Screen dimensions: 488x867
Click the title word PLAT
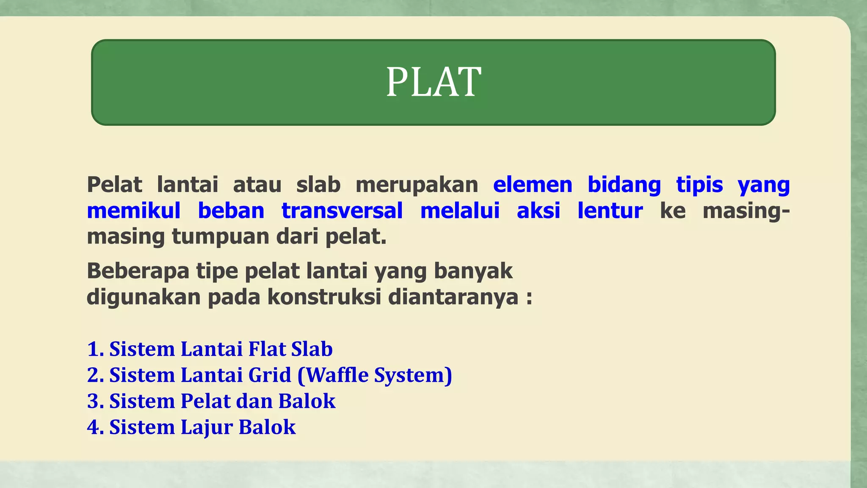click(x=433, y=82)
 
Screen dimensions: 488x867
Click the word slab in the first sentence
click(x=318, y=185)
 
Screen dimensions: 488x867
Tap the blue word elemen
click(x=533, y=185)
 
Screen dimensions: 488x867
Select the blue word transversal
click(x=342, y=211)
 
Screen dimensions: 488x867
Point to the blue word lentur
click(x=610, y=211)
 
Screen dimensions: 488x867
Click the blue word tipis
click(x=699, y=185)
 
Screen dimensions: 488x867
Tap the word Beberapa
click(x=138, y=271)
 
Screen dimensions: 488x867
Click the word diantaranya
click(x=453, y=297)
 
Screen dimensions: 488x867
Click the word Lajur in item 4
click(x=206, y=427)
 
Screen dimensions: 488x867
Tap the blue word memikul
click(x=134, y=211)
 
